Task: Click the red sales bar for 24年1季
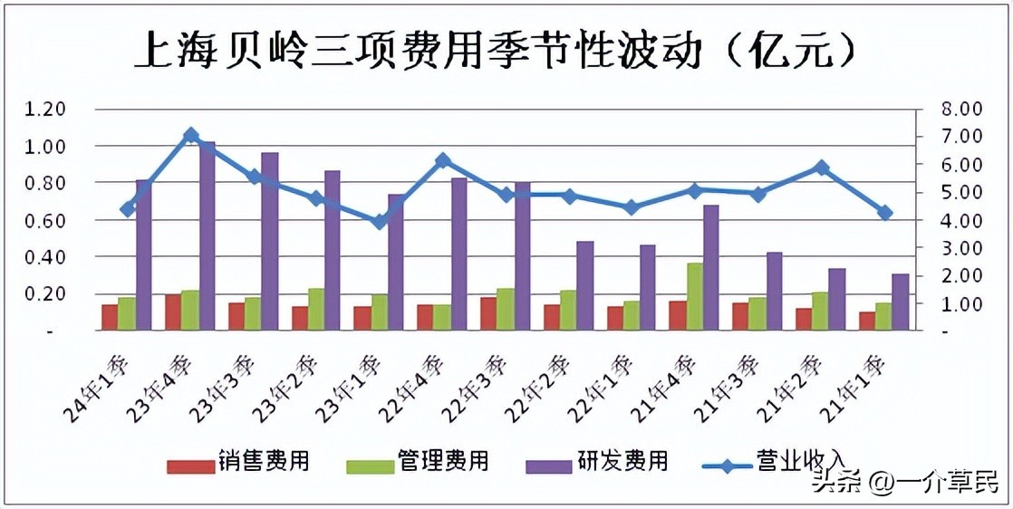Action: point(110,318)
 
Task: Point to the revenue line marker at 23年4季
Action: point(190,135)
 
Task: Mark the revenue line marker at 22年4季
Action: point(442,160)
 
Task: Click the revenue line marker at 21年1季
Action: point(884,213)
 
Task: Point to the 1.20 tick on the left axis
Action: point(45,109)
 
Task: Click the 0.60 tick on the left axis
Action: point(45,220)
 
